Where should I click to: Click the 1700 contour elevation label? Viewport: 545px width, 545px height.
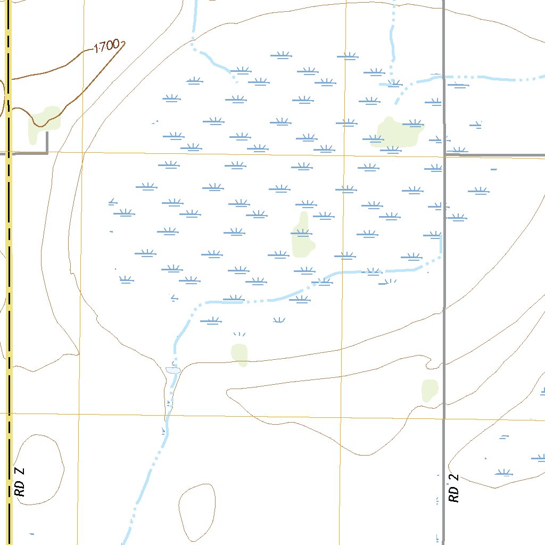[x=106, y=47]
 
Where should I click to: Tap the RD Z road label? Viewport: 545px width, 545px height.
[x=20, y=482]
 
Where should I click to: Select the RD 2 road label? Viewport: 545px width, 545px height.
[x=454, y=489]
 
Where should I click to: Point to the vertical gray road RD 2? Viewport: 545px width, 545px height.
[x=444, y=319]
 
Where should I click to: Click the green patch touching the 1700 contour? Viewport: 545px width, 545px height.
[x=46, y=120]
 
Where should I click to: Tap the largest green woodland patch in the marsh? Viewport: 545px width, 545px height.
[x=397, y=133]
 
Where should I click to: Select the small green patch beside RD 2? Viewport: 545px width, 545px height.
[x=430, y=391]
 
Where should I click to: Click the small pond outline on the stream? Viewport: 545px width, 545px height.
[x=173, y=369]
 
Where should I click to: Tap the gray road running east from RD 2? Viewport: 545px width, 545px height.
[x=495, y=155]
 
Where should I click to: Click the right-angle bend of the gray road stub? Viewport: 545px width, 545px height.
[x=47, y=153]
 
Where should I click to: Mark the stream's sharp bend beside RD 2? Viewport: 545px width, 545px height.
[x=441, y=257]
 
